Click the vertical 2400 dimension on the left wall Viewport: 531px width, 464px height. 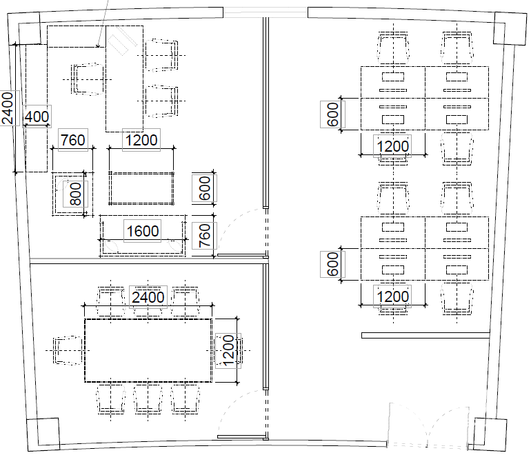click(8, 108)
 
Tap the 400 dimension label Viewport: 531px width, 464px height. click(37, 117)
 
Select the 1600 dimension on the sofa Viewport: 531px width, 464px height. click(142, 231)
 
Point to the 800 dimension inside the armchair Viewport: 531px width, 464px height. click(75, 194)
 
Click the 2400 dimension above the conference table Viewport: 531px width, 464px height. click(148, 297)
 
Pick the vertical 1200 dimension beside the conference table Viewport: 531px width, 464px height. click(228, 351)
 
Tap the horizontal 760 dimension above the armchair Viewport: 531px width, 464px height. click(73, 140)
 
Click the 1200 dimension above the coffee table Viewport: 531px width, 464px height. click(141, 140)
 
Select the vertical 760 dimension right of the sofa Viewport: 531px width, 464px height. click(204, 235)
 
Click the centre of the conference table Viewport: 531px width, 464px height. click(148, 350)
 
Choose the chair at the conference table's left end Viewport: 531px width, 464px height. click(67, 350)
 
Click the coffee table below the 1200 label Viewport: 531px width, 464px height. click(141, 188)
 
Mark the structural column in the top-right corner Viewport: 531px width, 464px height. click(510, 28)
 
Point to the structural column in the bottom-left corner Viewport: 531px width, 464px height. click(43, 434)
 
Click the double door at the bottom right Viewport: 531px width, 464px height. click(428, 427)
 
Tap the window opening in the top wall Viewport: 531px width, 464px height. click(265, 13)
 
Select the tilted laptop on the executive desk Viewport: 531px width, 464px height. click(121, 41)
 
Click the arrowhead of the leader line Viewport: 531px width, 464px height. click(98, 46)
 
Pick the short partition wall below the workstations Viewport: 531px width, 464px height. click(425, 335)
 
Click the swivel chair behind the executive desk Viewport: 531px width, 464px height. click(88, 79)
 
